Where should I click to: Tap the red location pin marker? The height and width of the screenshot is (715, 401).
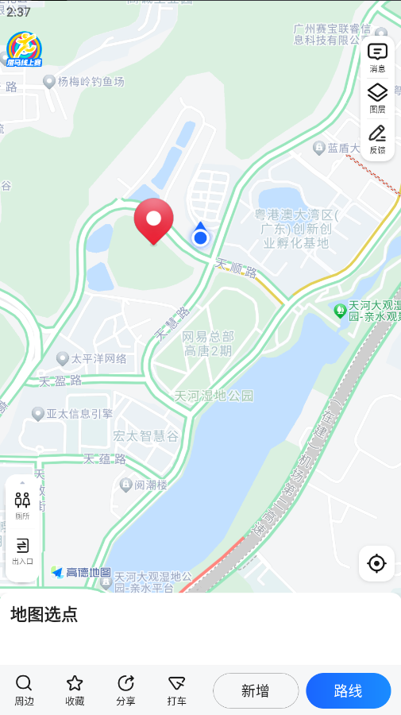[153, 219]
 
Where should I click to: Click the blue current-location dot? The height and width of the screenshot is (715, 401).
[200, 237]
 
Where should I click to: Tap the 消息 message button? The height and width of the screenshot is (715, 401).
[377, 57]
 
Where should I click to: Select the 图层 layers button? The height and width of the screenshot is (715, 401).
[377, 98]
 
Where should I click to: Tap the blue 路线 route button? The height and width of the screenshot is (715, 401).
[348, 690]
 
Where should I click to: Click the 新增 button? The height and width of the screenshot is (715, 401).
[256, 690]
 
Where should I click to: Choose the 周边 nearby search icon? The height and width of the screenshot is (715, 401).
[24, 690]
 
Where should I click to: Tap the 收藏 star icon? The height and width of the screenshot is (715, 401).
[75, 690]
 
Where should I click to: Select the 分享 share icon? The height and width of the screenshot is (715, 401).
[125, 690]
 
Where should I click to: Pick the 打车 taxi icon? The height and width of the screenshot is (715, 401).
[176, 690]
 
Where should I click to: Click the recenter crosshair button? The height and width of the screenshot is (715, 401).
[376, 563]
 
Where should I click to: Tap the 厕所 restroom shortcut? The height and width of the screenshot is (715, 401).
[22, 505]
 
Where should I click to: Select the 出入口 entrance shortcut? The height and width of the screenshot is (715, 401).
[22, 550]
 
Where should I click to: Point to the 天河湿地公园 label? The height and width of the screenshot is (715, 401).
[214, 396]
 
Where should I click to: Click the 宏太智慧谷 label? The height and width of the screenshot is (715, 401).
[145, 435]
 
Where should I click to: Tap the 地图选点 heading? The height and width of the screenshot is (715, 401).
[44, 614]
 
